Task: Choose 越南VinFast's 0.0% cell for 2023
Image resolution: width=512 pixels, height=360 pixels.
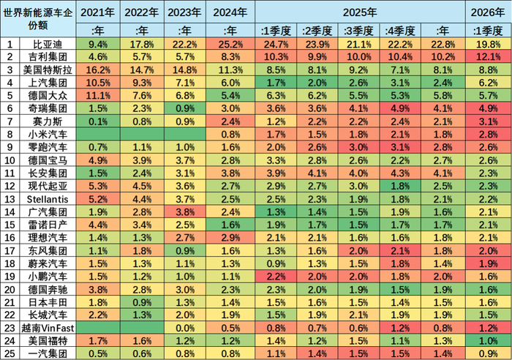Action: [x=184, y=327]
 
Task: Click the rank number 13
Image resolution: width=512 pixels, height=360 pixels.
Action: [x=10, y=198]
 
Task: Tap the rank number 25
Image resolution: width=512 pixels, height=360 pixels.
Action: [x=10, y=353]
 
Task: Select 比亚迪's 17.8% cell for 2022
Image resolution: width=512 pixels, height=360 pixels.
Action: [x=140, y=43]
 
